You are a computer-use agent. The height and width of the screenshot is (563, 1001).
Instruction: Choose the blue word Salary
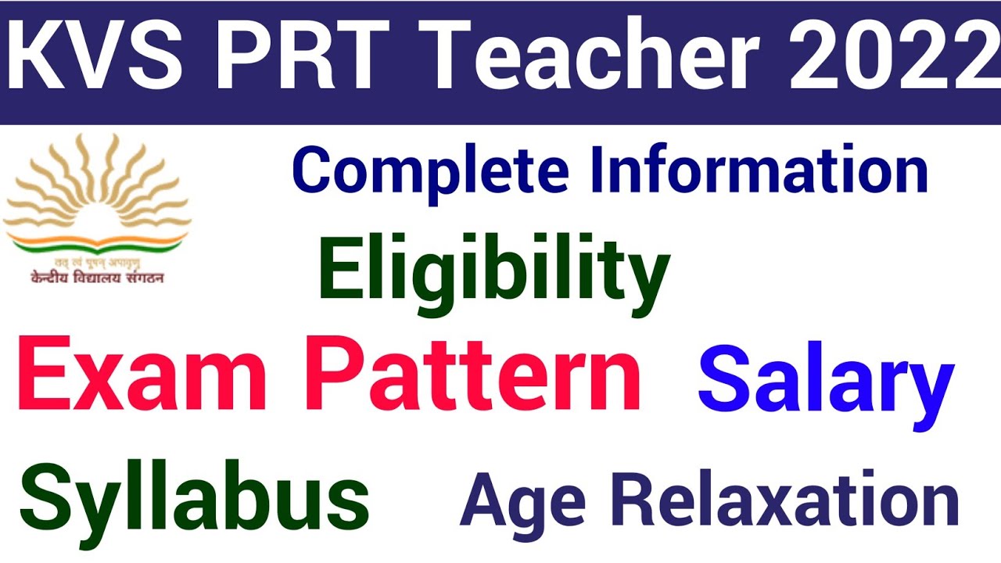826,383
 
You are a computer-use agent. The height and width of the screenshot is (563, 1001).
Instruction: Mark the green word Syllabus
194,499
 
